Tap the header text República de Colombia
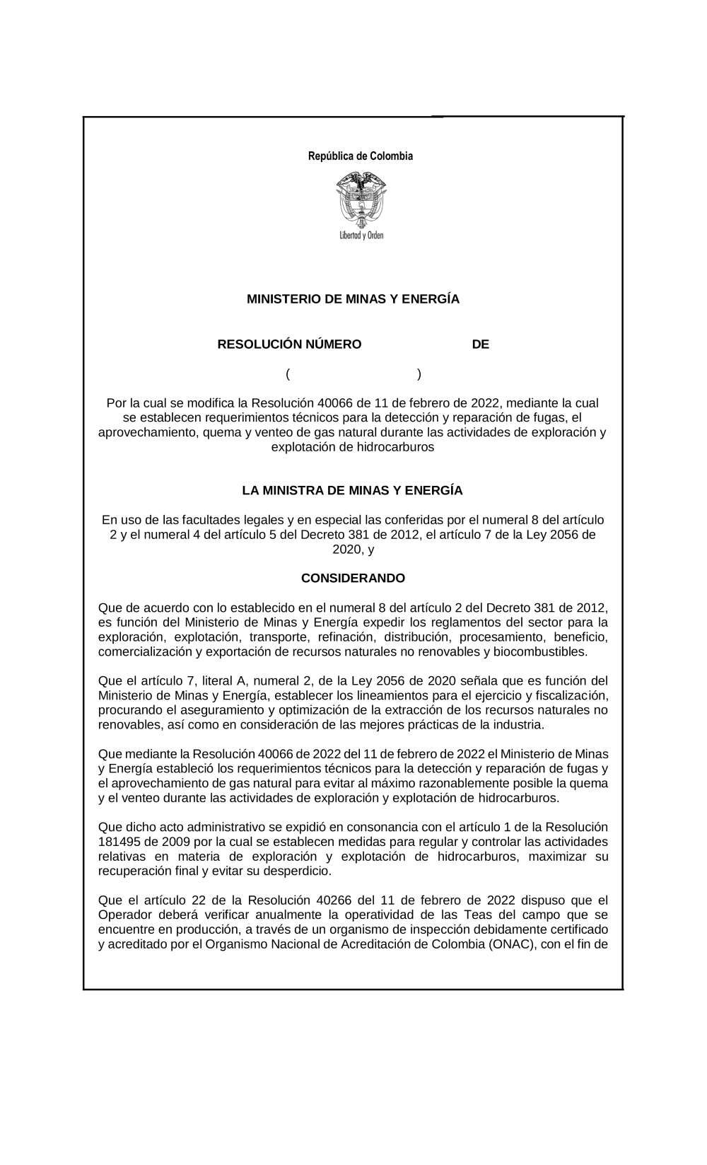(360, 156)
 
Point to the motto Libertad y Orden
(361, 236)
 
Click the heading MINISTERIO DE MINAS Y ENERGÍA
(353, 299)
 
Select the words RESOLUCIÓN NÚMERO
(289, 344)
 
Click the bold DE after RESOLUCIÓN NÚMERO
(480, 344)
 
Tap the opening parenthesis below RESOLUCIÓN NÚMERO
(288, 373)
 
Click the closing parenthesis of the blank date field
(419, 373)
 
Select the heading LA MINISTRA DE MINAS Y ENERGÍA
(352, 490)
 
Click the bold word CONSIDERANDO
(353, 578)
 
